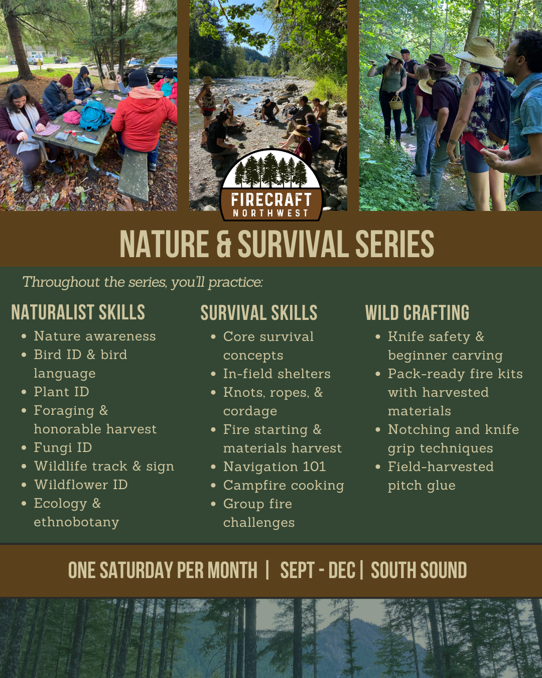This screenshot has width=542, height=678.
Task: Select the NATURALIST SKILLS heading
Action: [78, 312]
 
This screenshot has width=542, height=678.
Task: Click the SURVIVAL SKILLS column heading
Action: [259, 313]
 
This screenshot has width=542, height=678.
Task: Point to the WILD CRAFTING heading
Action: [417, 313]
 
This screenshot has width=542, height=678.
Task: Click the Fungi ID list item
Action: [63, 447]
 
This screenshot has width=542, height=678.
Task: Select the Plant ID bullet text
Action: [61, 392]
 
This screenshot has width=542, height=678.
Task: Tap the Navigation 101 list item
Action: [275, 467]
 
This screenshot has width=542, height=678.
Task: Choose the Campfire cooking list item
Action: [284, 485]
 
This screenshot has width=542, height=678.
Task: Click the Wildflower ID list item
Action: [81, 485]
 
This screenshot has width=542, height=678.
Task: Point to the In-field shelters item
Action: [277, 374]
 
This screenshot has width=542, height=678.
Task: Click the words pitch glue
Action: [422, 486]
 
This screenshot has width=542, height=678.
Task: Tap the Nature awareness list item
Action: [95, 336]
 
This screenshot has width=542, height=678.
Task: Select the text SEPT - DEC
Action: [317, 571]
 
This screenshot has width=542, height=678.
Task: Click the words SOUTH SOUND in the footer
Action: [419, 571]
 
